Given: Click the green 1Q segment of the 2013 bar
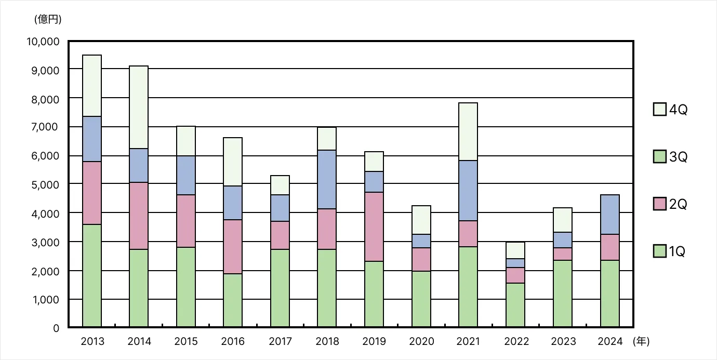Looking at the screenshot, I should [92, 275].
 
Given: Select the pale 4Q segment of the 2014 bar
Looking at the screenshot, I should [139, 107].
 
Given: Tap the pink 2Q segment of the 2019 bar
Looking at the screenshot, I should [374, 226].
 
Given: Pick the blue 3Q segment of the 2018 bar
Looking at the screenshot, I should [327, 179].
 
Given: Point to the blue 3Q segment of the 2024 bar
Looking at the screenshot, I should [609, 215].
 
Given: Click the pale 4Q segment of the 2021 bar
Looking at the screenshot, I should [468, 131].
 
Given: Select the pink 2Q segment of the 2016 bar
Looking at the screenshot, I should [233, 247].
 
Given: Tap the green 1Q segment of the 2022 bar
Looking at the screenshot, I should [515, 305].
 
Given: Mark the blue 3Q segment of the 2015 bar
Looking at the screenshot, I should [186, 175].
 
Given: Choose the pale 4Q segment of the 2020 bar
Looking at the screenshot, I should [421, 220].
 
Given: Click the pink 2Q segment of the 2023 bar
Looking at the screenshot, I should [563, 254].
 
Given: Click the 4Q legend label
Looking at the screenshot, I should [678, 110].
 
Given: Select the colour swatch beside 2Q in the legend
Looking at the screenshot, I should [659, 204].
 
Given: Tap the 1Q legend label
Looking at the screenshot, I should [677, 252].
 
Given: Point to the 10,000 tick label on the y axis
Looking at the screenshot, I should [43, 41].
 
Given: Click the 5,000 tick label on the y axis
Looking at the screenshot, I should [46, 185].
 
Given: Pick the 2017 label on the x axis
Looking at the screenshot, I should [280, 341].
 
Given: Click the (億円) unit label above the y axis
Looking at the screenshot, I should [48, 20].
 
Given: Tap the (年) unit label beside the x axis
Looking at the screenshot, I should [641, 341].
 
